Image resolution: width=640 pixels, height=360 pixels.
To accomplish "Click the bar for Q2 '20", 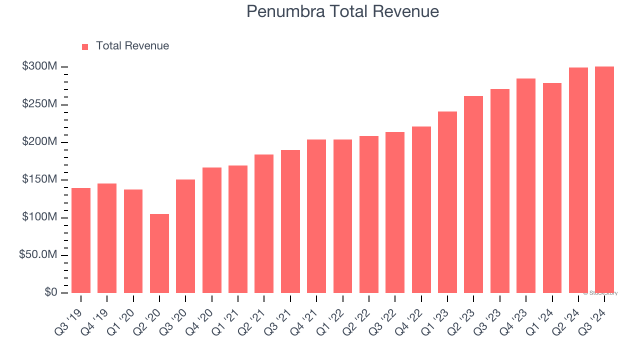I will point(159,253).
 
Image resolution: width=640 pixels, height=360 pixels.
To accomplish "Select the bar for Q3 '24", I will point(604,180).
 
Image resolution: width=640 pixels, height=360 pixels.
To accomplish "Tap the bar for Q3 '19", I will point(81,240).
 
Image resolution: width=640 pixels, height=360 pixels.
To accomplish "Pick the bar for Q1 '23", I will point(447,202).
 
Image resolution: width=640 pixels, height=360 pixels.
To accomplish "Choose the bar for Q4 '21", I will point(316,216).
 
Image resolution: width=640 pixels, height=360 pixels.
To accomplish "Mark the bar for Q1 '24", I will point(552,188).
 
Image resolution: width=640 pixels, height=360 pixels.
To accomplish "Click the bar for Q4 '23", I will point(526,185).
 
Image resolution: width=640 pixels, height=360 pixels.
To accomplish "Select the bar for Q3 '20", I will point(185,236).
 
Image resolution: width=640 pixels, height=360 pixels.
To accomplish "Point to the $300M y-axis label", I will point(39,67).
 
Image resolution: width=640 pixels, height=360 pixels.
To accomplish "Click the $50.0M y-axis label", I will point(38,255).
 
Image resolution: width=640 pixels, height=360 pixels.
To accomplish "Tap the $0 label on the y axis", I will point(50,292).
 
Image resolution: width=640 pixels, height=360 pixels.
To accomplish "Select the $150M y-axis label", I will point(39,179).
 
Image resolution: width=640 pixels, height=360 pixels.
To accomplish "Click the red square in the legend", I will point(85,46).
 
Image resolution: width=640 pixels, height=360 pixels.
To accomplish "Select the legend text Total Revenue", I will point(132,46).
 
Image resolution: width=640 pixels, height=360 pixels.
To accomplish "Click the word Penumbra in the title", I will point(284,11).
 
